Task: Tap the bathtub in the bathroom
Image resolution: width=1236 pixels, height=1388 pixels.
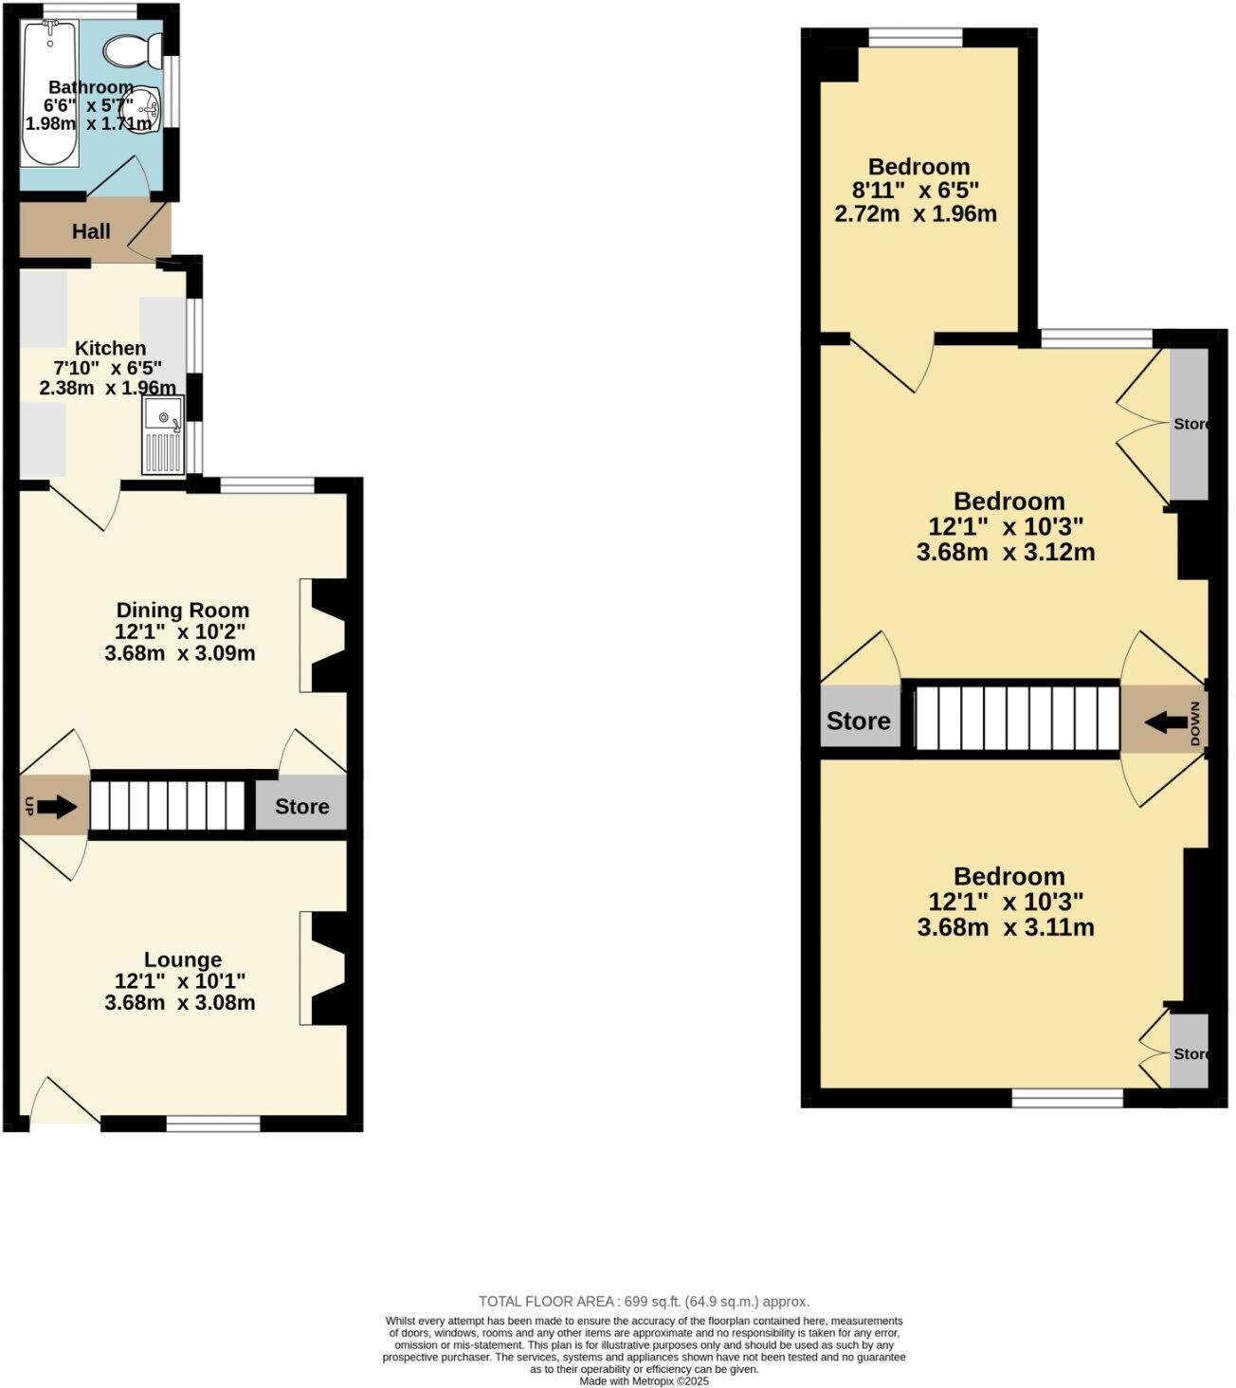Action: pos(49,94)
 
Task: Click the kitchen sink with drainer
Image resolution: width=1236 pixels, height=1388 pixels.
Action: pos(162,434)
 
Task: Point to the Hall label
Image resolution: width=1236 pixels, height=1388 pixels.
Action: pos(91,231)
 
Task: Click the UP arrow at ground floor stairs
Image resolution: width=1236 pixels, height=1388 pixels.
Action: pos(56,807)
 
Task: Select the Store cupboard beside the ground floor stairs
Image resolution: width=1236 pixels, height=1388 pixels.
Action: pos(301,806)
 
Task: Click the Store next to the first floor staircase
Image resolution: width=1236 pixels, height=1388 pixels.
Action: pos(859,721)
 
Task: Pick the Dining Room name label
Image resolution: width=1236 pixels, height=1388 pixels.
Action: pos(182,610)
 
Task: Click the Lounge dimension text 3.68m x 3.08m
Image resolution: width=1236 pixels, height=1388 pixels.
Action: pos(180,1003)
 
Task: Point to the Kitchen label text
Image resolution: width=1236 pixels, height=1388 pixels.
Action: pos(111,348)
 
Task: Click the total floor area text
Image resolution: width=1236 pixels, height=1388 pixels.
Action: pos(645,1302)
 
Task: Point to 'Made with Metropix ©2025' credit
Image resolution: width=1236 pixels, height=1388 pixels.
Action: pos(645,1381)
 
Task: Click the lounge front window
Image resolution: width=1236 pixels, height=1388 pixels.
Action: pos(213,1123)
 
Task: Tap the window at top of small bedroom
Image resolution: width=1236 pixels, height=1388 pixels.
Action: pos(917,38)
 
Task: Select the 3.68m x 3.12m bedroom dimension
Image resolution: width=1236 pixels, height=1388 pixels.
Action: pos(1006,552)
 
